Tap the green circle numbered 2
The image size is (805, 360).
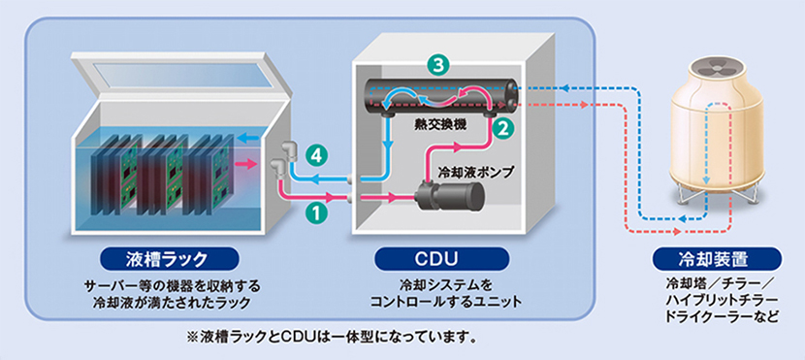501,128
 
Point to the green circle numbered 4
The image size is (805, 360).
317,156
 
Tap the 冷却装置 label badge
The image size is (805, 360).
717,259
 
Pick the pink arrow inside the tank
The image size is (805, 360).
244,164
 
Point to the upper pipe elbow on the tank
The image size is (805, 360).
287,149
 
